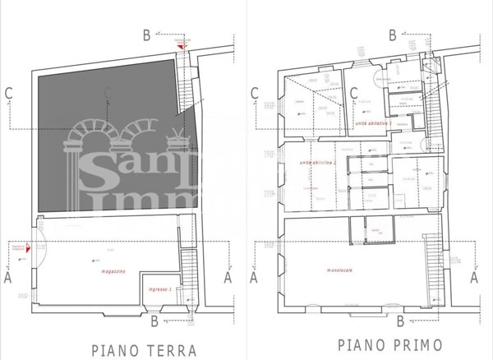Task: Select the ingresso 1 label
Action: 159,290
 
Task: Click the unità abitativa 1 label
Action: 373,122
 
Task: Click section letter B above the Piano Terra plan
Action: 146,35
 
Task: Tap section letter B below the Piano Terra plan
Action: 156,320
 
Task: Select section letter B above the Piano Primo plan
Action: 393,35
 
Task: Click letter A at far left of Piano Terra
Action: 7,278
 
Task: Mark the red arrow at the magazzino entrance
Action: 29,243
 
